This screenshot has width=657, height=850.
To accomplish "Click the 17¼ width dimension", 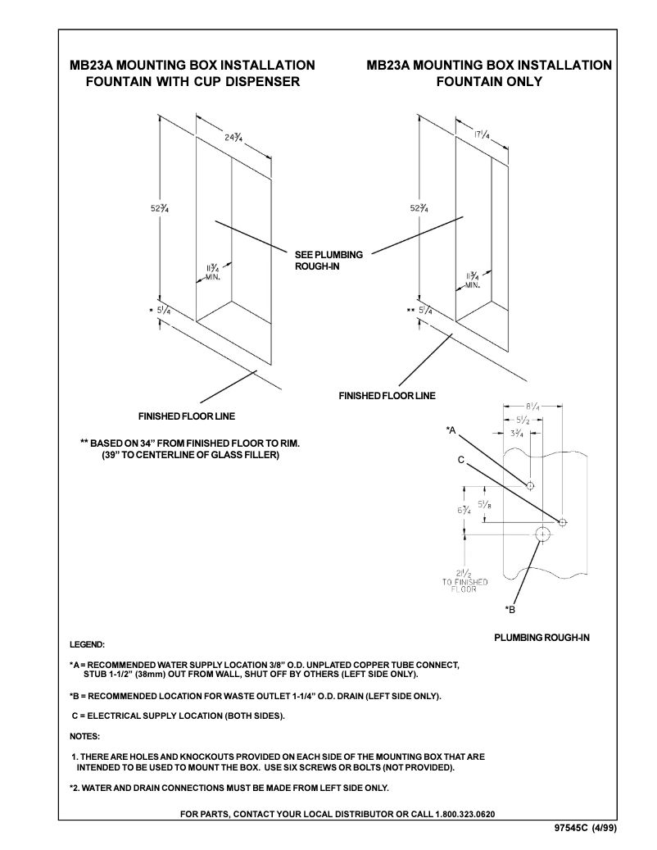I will point(482,134).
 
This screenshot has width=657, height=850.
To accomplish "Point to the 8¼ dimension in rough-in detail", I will point(533,406).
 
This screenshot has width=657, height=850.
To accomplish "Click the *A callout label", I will point(451,430).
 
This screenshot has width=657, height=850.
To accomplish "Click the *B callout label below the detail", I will point(509,609).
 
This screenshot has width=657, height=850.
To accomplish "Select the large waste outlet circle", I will point(542,534).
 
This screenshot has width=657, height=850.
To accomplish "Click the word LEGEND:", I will point(87,644).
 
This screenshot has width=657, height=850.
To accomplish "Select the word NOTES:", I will point(84,736).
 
